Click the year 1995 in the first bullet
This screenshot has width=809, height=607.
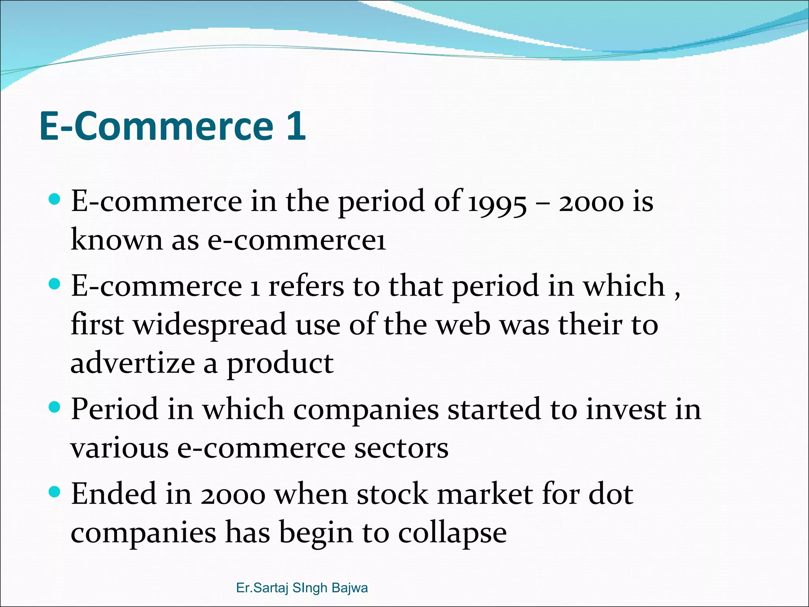pos(497,202)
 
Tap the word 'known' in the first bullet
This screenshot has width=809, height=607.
pos(117,239)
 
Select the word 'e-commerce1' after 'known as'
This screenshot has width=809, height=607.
pos(297,240)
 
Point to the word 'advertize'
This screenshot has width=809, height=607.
pos(132,364)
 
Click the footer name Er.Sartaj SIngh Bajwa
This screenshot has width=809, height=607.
pos(302,588)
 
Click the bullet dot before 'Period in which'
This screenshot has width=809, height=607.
pos(55,407)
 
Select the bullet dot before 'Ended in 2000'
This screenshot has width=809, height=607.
pos(55,492)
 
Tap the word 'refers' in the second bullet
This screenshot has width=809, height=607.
pos(306,286)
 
